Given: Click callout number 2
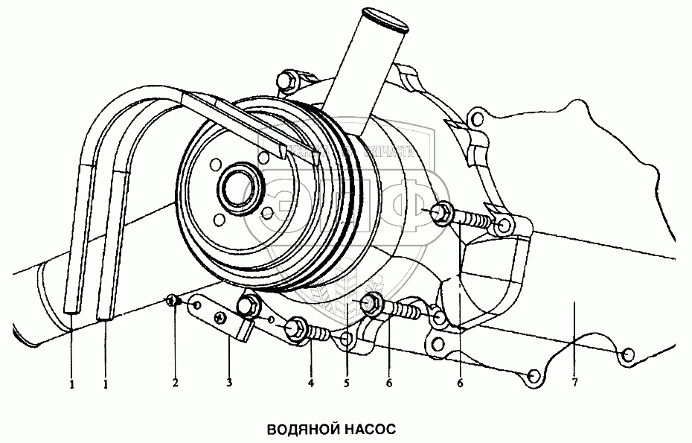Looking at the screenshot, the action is click(176, 383).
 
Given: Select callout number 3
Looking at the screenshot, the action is click(229, 383).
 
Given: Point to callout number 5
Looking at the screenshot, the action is click(346, 383).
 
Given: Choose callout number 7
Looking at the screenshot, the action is click(574, 383).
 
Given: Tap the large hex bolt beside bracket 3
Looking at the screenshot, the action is click(249, 305).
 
